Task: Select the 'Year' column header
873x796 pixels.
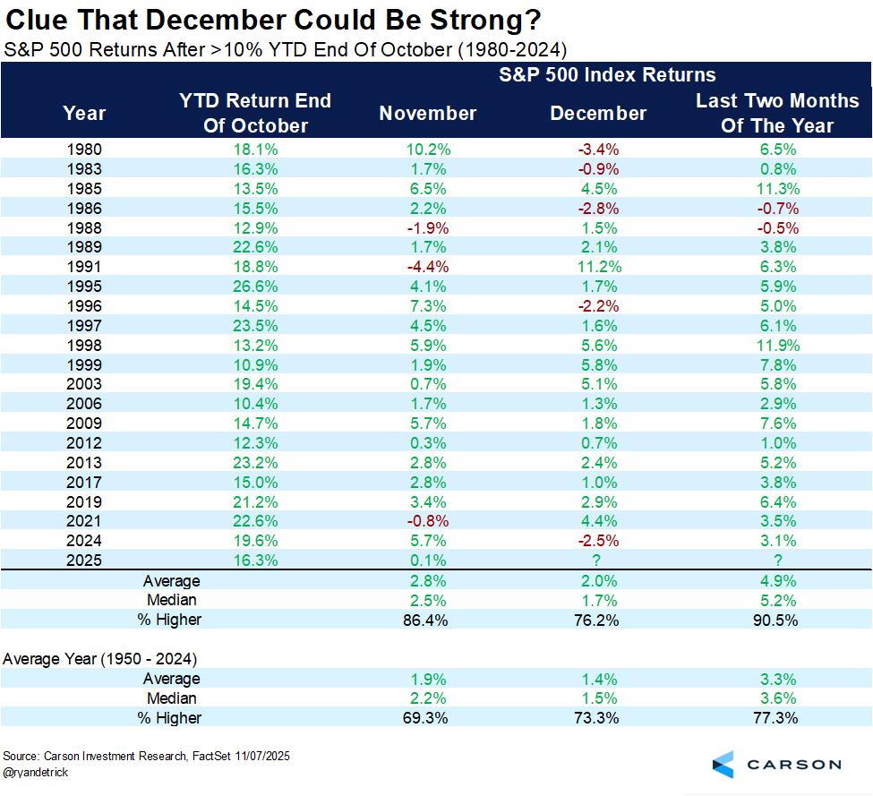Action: tap(84, 114)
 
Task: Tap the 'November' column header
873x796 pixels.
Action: tap(428, 114)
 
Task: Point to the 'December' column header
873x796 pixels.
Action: tap(598, 114)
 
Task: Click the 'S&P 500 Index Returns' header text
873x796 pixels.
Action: tap(607, 75)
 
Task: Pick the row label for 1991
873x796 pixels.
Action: tap(84, 267)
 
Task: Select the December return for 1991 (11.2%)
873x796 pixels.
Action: tap(598, 267)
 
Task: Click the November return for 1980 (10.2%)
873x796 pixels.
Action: tap(428, 150)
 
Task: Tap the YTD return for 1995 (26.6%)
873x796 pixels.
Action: tap(255, 287)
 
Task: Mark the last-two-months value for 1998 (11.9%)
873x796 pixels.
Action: tap(777, 346)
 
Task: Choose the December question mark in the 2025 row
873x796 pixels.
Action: tap(598, 561)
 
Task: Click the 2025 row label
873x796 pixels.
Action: tap(84, 561)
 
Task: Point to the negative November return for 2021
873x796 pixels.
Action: tap(428, 521)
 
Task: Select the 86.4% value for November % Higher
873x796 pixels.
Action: tap(428, 620)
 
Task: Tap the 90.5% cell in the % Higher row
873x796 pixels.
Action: tap(777, 620)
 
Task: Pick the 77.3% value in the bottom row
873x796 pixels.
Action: tap(777, 718)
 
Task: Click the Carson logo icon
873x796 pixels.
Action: tap(723, 764)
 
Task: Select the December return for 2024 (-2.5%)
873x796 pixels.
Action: tap(598, 541)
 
